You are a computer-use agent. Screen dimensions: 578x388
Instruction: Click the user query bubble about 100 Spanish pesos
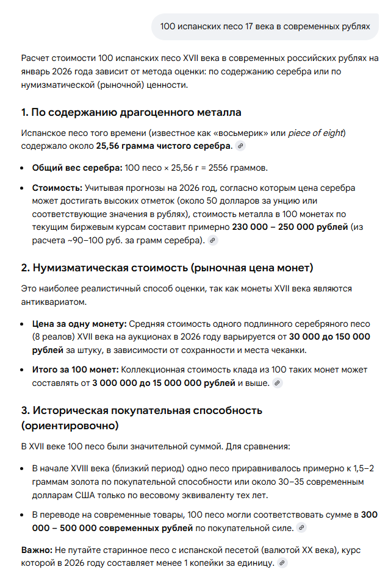[x=265, y=26]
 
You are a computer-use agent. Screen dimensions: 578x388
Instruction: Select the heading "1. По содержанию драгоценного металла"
[x=131, y=112]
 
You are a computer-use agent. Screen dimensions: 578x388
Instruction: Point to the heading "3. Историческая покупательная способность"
[x=142, y=410]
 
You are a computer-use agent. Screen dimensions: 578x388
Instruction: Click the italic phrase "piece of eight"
[x=316, y=133]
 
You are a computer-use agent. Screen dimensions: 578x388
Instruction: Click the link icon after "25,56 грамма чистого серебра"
[x=240, y=146]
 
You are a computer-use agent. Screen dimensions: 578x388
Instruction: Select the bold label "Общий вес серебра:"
[x=77, y=167]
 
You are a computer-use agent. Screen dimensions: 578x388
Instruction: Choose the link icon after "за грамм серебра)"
[x=212, y=240]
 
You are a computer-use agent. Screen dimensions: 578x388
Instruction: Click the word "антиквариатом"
[x=53, y=302]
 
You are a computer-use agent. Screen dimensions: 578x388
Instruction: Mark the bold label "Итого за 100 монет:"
[x=76, y=369]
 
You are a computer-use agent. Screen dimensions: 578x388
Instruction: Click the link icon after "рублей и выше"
[x=278, y=384]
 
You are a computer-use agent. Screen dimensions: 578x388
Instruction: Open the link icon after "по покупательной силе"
[x=301, y=528]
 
